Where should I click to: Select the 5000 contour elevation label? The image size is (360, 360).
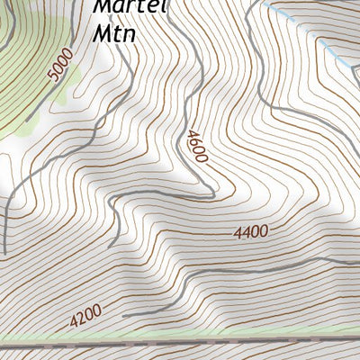[60, 67]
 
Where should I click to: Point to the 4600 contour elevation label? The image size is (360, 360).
[197, 147]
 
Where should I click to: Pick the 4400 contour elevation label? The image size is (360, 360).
[251, 232]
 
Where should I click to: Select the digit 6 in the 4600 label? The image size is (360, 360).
[194, 141]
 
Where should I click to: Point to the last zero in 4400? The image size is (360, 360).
[265, 231]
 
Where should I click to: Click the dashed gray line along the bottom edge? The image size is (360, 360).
[180, 346]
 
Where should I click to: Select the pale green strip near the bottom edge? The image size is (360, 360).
[180, 339]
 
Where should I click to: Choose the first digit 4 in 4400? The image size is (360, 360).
[238, 233]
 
